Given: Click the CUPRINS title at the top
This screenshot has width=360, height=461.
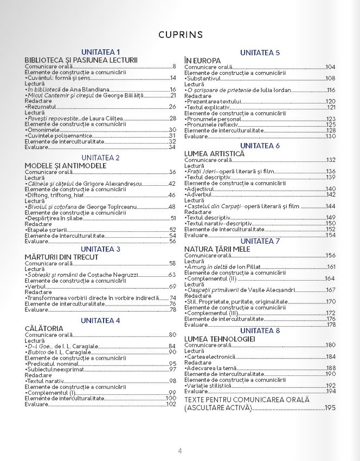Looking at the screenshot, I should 181,35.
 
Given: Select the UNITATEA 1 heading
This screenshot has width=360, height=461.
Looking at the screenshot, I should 100,52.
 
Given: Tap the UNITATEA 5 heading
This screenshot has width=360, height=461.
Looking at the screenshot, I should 260,53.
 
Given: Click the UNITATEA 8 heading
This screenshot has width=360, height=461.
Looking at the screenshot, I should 260,330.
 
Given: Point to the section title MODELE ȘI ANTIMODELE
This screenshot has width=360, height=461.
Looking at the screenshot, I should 65,165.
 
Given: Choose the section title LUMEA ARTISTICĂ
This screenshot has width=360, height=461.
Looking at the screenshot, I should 214,153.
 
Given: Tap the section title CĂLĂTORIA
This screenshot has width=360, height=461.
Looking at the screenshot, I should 44,328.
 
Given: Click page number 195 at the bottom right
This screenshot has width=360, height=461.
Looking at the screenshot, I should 330,407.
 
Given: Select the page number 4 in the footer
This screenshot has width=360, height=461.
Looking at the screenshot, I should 180,450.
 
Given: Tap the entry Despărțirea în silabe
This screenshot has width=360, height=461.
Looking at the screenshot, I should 56,218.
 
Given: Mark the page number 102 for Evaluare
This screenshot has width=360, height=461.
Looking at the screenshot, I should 171,404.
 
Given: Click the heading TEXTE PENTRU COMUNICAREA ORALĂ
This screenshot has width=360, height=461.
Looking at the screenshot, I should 247,400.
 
